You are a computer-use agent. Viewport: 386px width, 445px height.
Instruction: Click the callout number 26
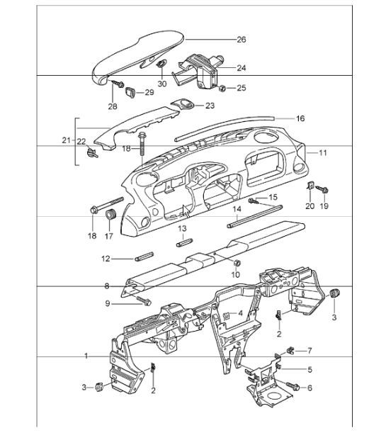click(x=241, y=39)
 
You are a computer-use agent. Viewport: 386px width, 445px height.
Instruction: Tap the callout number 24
click(x=241, y=68)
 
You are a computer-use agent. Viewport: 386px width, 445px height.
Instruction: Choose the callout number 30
click(x=162, y=84)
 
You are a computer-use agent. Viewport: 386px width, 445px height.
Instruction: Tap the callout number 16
click(x=300, y=118)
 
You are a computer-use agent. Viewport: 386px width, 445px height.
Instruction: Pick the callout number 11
click(x=322, y=152)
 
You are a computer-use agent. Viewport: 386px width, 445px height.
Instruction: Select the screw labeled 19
click(x=325, y=189)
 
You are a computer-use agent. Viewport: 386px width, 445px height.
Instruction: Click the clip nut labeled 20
click(x=310, y=187)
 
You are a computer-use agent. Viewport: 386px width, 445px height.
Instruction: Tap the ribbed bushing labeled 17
click(x=110, y=215)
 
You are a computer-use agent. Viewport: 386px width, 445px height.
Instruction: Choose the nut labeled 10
click(x=236, y=264)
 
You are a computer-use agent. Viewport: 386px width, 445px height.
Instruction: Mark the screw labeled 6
click(x=295, y=387)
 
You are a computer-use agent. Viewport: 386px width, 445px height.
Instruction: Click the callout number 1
click(x=86, y=356)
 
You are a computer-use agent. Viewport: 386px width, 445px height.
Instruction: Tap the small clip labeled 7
click(x=291, y=349)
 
